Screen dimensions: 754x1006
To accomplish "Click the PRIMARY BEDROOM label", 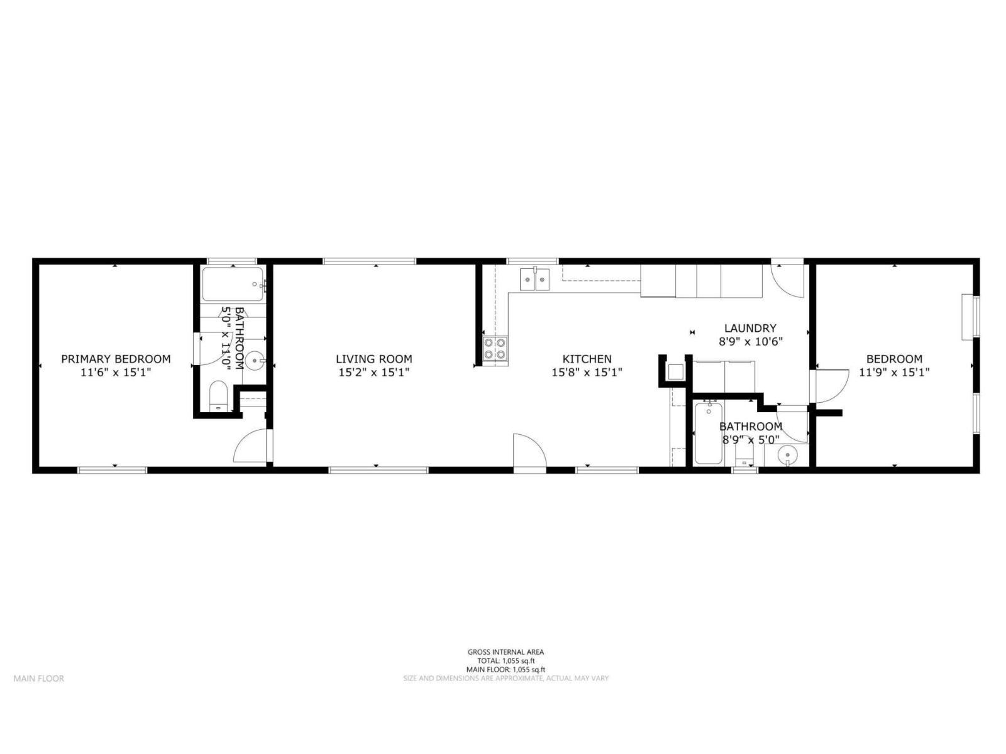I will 116,359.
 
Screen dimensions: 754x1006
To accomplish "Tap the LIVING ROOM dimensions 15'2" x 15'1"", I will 373,372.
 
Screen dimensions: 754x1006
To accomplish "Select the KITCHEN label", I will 587,359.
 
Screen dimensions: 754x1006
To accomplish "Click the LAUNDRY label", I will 750,328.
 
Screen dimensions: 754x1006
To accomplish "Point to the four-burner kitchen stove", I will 495,349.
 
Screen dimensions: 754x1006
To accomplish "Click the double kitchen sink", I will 534,279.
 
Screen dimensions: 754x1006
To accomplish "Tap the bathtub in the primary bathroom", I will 233,284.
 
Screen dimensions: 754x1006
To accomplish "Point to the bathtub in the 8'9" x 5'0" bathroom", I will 709,434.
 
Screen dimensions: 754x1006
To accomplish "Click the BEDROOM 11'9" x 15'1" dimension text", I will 894,372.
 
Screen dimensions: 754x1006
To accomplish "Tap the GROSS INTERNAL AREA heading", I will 506,652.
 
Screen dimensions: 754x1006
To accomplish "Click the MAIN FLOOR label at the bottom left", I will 39,679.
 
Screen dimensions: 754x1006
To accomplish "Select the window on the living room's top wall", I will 370,261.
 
